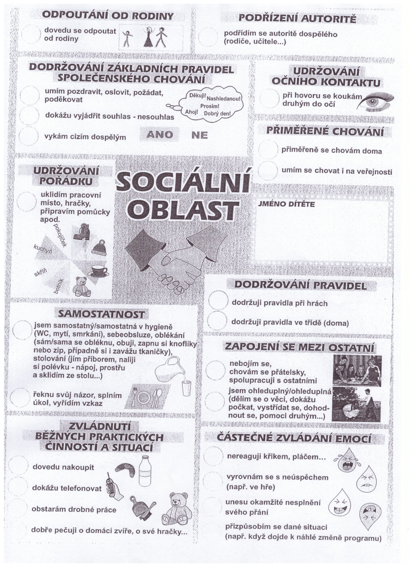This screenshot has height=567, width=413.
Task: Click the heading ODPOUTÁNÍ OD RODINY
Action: pos(108,16)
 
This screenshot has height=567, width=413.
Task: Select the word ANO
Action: pos(159,135)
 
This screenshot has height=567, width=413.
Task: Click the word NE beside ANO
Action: pos(199,135)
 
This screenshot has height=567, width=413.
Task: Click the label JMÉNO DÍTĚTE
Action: pos(286,204)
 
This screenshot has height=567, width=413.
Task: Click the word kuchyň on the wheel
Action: pos(43,249)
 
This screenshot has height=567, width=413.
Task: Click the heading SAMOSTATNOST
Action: pos(101,314)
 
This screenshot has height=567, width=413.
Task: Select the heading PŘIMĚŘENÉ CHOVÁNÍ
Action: pos(325,132)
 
